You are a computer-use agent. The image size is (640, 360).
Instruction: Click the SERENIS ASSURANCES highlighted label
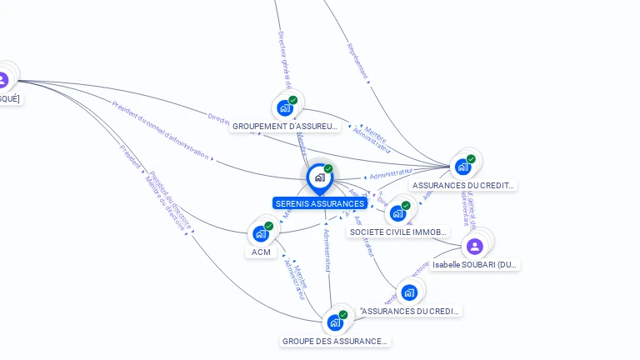click(x=319, y=203)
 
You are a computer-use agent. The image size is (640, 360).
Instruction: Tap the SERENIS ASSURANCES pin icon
click(x=319, y=177)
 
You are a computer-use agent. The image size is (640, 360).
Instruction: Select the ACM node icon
click(x=260, y=233)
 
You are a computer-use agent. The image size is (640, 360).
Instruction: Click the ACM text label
click(x=261, y=252)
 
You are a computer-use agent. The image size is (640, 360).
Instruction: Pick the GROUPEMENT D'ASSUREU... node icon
click(x=285, y=107)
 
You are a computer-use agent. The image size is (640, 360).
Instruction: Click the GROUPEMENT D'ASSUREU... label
click(x=285, y=127)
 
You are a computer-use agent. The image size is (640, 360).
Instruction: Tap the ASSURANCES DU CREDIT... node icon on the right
click(x=462, y=166)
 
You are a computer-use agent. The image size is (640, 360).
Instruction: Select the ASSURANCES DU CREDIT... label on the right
click(x=463, y=185)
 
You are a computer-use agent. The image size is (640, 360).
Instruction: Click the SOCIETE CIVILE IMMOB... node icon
click(x=397, y=212)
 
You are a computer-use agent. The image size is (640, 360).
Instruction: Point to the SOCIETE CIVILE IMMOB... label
click(x=399, y=232)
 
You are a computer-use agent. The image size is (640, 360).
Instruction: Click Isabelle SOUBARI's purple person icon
click(x=474, y=246)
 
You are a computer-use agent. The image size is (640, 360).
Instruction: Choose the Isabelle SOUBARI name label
click(x=475, y=264)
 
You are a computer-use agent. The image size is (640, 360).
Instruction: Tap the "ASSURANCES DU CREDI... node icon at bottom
click(x=408, y=292)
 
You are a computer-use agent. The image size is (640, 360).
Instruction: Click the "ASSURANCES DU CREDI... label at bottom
click(x=409, y=311)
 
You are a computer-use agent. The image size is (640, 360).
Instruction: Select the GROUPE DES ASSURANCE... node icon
click(x=334, y=322)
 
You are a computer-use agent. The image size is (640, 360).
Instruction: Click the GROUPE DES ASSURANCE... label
click(x=335, y=341)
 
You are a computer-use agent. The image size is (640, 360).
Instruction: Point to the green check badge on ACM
click(x=269, y=226)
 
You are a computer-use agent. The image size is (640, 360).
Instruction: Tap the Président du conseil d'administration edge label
click(x=163, y=130)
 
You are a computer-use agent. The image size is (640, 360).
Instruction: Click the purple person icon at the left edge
click(x=2, y=80)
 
